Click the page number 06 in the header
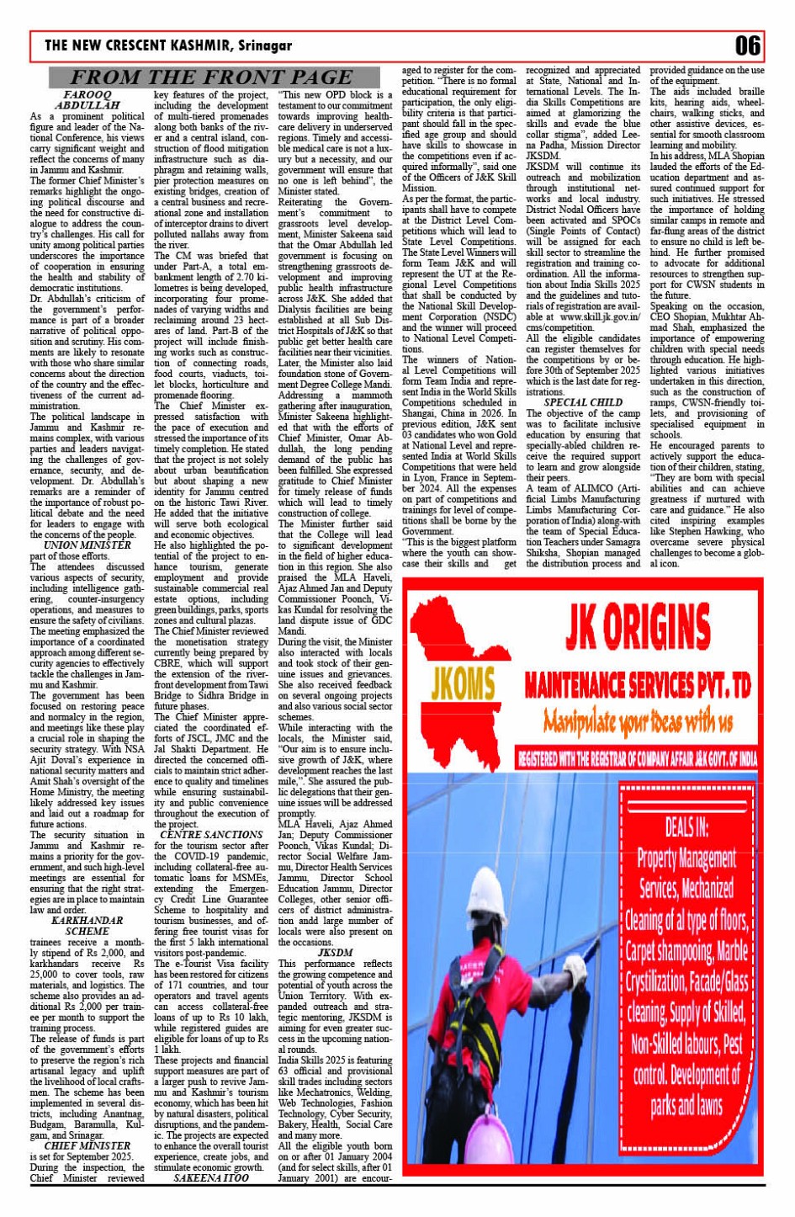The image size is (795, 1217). tap(747, 45)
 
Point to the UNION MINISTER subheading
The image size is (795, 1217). tap(87, 545)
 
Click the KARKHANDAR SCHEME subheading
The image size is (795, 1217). tap(87, 926)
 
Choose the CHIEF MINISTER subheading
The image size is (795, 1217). tap(87, 1145)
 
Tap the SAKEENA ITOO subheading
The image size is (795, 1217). tap(211, 1178)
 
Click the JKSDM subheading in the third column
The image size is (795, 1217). tap(335, 953)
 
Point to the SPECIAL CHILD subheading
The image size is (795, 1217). tap(583, 402)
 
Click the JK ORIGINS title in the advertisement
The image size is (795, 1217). tap(638, 627)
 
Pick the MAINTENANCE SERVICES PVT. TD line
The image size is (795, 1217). tap(637, 686)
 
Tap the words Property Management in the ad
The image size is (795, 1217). tap(686, 858)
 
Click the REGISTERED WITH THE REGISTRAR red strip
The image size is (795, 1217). tap(637, 759)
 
